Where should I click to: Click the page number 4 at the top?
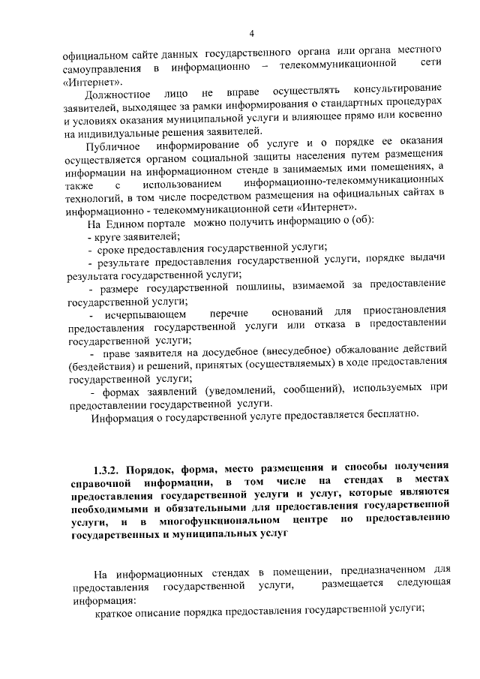[x=252, y=34]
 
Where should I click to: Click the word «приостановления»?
[x=410, y=309]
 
